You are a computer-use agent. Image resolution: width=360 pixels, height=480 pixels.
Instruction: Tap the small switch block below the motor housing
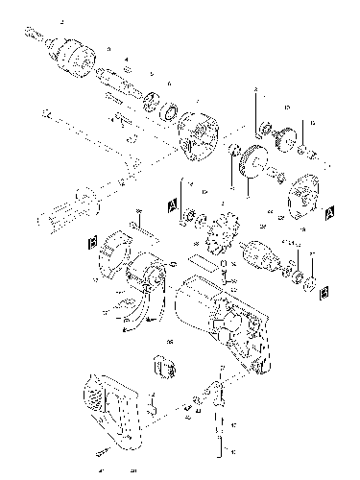[x=163, y=370]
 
